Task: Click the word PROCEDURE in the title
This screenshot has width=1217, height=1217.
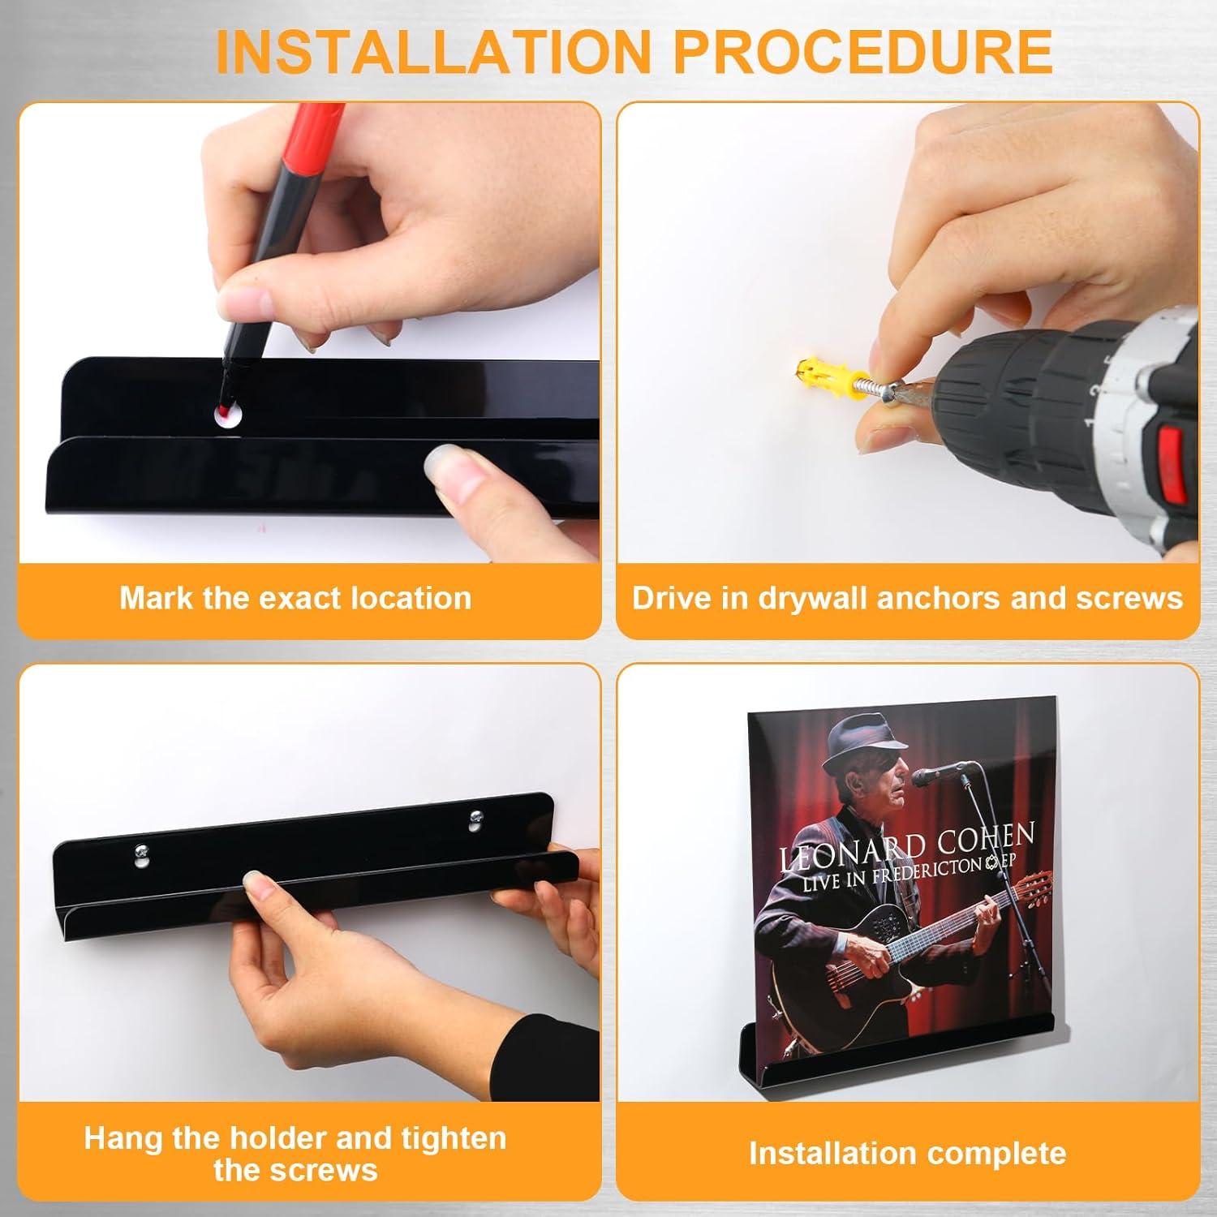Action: [863, 51]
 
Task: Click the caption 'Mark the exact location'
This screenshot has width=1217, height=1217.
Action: [295, 598]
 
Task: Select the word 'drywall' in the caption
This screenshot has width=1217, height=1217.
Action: [816, 598]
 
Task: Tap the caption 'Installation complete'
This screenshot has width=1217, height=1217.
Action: [907, 1153]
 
